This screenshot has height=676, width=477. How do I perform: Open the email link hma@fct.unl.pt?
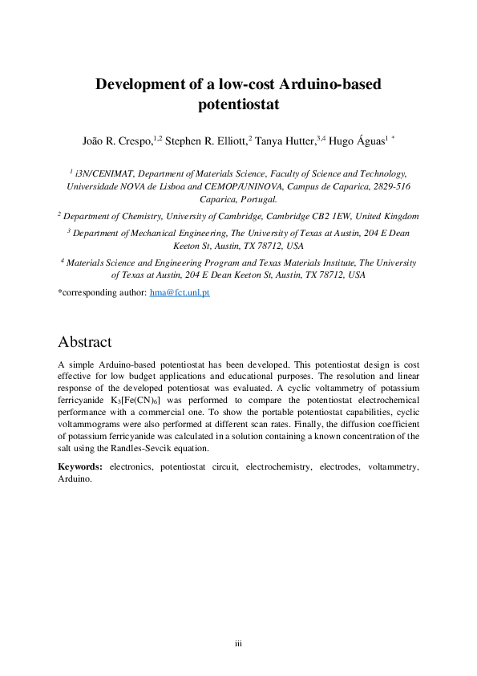pyautogui.click(x=180, y=294)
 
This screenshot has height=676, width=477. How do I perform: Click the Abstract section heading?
pyautogui.click(x=85, y=342)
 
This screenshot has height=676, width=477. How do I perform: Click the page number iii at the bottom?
pyautogui.click(x=238, y=644)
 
